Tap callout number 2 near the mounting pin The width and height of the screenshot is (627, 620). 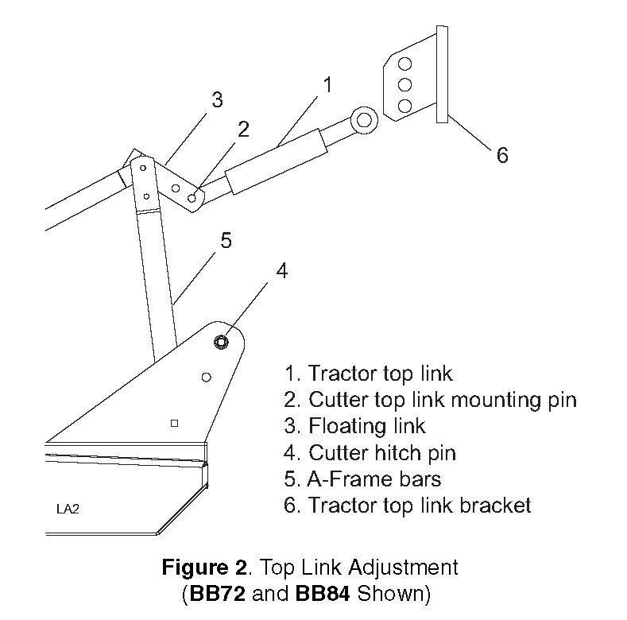(243, 129)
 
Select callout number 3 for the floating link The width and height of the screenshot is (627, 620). (217, 100)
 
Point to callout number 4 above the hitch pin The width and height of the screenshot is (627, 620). (282, 271)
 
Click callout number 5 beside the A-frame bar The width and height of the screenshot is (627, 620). (226, 240)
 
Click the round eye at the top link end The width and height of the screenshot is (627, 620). (365, 120)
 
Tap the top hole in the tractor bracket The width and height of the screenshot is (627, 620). (404, 64)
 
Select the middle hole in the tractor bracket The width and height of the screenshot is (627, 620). (404, 84)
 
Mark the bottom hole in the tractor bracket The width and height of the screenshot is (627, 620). (404, 105)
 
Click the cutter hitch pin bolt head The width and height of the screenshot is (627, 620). (221, 342)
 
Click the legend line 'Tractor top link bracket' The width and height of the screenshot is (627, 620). (407, 505)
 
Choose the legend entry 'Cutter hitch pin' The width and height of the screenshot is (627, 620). (370, 452)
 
